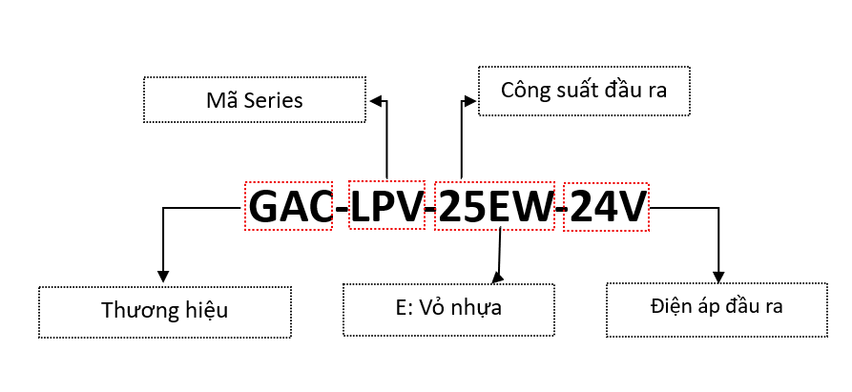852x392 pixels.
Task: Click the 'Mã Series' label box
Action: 254,99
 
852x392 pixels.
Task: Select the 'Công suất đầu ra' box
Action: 583,91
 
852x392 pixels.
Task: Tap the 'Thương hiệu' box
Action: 164,310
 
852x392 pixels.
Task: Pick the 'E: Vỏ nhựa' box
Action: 448,308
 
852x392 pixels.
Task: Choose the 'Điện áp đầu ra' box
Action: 718,307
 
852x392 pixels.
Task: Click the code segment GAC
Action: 291,206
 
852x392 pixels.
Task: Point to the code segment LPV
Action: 385,206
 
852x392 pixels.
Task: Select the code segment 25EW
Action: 494,206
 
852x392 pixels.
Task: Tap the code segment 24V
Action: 606,206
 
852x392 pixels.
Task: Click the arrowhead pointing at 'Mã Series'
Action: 375,99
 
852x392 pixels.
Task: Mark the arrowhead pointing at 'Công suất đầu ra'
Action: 469,99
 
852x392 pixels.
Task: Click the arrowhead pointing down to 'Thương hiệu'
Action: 163,278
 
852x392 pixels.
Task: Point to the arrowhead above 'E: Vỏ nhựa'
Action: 496,278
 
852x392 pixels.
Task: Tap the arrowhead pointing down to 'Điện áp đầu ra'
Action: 717,274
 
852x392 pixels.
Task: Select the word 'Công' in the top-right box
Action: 526,91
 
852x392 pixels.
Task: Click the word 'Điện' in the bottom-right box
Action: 669,307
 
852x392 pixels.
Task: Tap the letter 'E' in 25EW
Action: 503,207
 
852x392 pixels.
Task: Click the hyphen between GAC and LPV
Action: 341,209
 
